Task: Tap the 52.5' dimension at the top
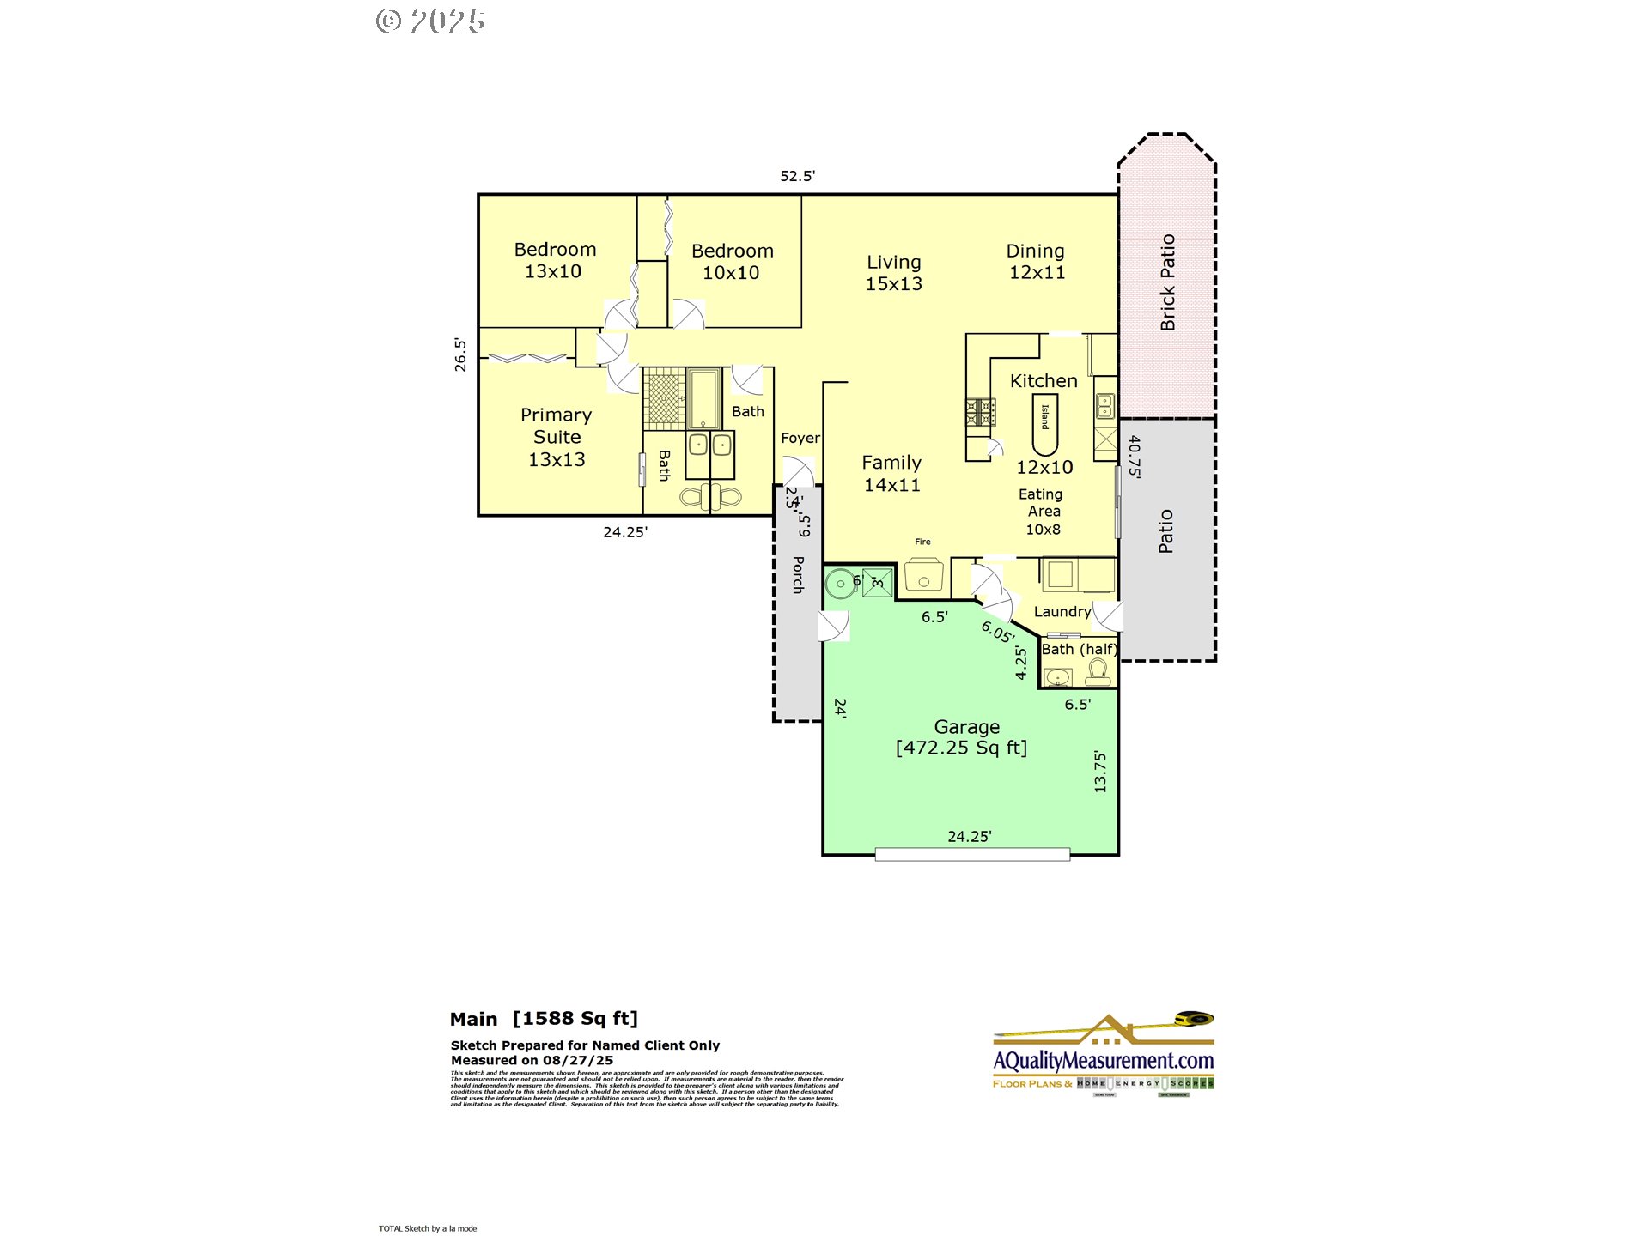796,176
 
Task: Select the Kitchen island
1044,424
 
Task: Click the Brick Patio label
1167,282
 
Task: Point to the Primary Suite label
557,437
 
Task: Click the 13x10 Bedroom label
554,260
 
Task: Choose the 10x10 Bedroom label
732,262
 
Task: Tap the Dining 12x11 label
1036,261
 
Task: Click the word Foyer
800,438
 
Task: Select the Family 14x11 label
891,473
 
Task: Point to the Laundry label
1062,611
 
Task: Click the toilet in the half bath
1098,671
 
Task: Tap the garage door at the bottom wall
971,853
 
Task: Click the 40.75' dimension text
1135,456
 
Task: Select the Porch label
798,574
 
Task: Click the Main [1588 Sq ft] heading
544,1019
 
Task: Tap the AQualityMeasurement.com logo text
1103,1061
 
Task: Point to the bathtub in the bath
703,398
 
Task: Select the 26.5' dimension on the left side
460,354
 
